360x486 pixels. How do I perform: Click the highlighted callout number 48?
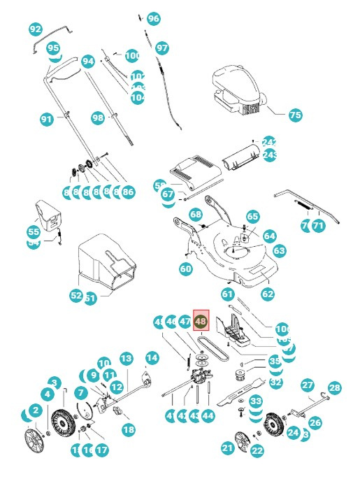pyautogui.click(x=201, y=322)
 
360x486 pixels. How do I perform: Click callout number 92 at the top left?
pyautogui.click(x=36, y=29)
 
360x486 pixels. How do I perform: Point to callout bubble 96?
pyautogui.click(x=153, y=18)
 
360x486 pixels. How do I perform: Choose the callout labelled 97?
pyautogui.click(x=162, y=48)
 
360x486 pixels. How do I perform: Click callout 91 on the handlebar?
pyautogui.click(x=47, y=120)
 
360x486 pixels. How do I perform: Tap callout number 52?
pyautogui.click(x=76, y=296)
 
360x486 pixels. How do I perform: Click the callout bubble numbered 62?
pyautogui.click(x=268, y=294)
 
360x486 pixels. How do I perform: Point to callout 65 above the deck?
pyautogui.click(x=252, y=217)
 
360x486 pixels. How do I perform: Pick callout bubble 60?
pyautogui.click(x=185, y=269)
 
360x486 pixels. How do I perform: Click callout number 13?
pyautogui.click(x=126, y=358)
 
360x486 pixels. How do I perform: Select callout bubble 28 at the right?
pyautogui.click(x=334, y=388)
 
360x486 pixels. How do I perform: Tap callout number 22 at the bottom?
pyautogui.click(x=257, y=451)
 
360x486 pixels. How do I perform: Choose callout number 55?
pyautogui.click(x=34, y=231)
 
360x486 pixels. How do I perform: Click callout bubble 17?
pyautogui.click(x=102, y=450)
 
